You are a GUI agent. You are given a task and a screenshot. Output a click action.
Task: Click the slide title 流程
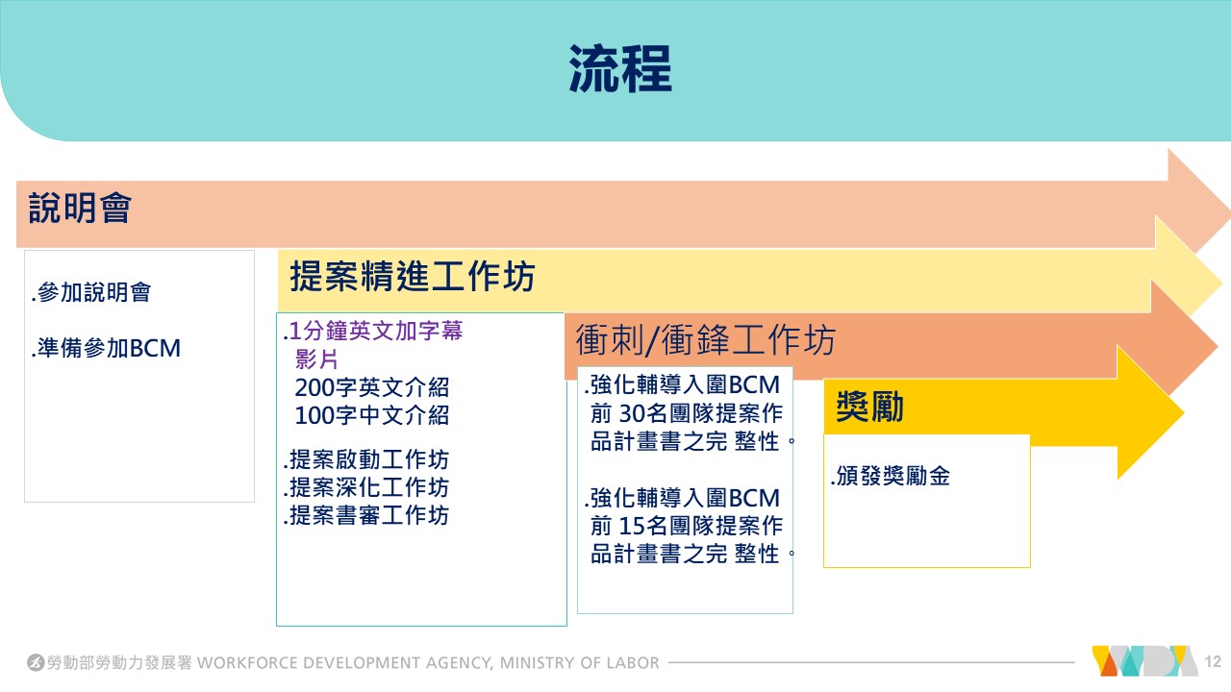point(620,69)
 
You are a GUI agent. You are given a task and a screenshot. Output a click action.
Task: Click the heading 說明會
point(80,208)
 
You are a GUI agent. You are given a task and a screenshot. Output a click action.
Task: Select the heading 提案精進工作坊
point(413,278)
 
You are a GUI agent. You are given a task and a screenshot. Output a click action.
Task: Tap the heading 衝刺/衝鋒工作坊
point(705,340)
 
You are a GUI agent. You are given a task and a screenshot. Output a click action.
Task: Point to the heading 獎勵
point(870,407)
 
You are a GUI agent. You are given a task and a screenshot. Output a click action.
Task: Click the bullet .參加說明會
point(91,293)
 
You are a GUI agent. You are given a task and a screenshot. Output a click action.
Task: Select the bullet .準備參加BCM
point(106,348)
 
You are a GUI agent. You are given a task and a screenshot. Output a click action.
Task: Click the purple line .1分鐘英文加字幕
point(373,332)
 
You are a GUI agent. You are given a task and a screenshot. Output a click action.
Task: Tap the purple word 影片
point(316,359)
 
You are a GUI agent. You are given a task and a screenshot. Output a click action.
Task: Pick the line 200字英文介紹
point(371,387)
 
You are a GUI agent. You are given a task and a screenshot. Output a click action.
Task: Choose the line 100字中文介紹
point(371,416)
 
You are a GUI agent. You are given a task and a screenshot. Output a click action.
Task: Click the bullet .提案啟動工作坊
point(366,459)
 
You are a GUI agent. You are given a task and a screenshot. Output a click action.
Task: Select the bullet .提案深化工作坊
point(366,487)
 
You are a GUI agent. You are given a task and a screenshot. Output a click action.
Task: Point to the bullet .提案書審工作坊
point(366,516)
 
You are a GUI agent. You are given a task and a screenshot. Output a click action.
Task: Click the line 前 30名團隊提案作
point(687,414)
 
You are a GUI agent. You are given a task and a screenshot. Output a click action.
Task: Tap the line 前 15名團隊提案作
point(687,526)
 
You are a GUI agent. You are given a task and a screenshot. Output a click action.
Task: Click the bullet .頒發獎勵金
point(891,476)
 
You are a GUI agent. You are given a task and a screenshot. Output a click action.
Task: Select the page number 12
point(1212,662)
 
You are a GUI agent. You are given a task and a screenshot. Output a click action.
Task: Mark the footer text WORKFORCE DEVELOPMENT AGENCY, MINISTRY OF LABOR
point(429,663)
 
